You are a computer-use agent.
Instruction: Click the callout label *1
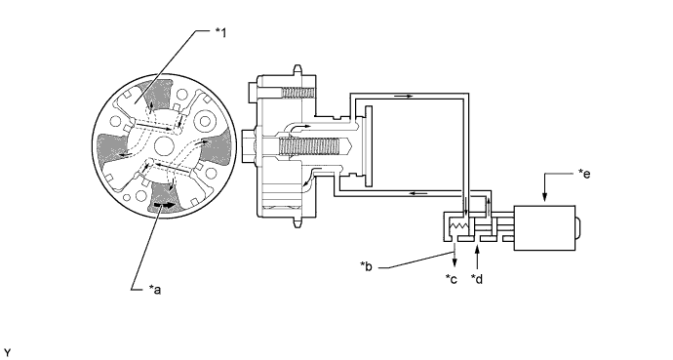(x=220, y=32)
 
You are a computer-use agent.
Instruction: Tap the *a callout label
(x=154, y=290)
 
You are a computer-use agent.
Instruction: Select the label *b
(x=366, y=266)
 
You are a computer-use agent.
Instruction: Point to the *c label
(x=452, y=279)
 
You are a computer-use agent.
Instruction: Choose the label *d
(x=477, y=279)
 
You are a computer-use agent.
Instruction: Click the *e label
(x=584, y=174)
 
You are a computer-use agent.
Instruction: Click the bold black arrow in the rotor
(x=165, y=205)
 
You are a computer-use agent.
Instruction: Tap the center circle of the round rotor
(x=164, y=146)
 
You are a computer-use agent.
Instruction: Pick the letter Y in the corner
(x=8, y=353)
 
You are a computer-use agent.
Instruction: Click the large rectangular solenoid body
(x=544, y=228)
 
